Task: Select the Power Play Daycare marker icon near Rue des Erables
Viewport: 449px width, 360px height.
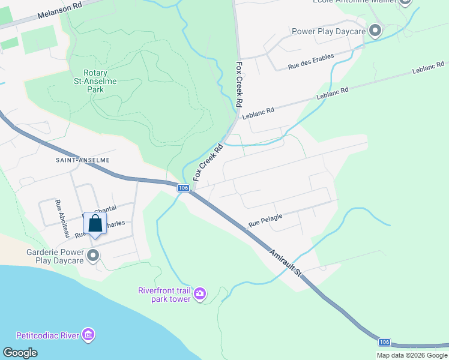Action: [x=376, y=30]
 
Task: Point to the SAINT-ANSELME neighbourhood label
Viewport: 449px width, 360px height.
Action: [x=83, y=160]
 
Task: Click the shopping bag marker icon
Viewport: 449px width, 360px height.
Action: [x=95, y=224]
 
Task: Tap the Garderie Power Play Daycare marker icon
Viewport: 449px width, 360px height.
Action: [x=93, y=257]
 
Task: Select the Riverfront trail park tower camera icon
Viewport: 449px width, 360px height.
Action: [x=200, y=295]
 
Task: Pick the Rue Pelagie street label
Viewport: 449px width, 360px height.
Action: [x=265, y=223]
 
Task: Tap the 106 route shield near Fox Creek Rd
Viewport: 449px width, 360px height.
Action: [x=184, y=188]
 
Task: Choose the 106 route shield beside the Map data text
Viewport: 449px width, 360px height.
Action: [x=385, y=342]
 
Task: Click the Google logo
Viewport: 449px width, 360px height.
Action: [x=20, y=353]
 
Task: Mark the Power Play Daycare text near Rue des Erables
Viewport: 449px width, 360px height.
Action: [x=328, y=31]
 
